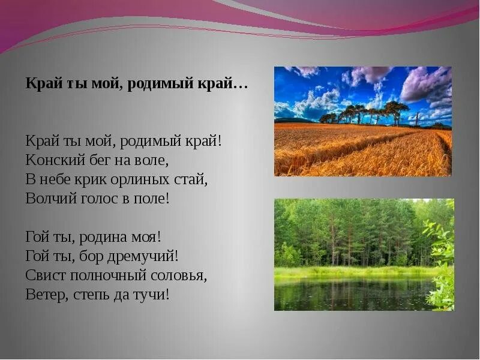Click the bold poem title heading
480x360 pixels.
[x=137, y=83]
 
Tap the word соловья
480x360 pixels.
[x=179, y=275]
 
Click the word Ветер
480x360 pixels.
[x=44, y=295]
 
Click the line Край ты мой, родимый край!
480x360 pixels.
[x=124, y=141]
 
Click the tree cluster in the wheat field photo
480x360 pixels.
[x=366, y=112]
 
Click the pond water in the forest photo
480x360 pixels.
[x=354, y=294]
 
